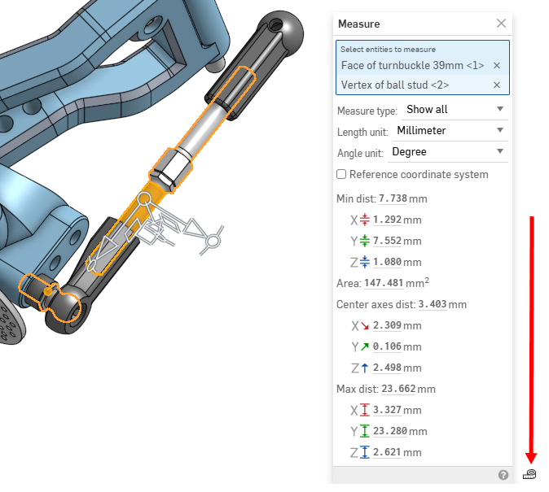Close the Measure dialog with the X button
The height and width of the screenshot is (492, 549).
[501, 24]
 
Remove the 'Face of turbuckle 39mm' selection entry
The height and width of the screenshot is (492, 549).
[497, 65]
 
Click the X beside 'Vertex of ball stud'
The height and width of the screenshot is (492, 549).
[497, 85]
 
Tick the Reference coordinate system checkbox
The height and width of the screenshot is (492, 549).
[342, 175]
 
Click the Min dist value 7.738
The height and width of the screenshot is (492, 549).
[393, 198]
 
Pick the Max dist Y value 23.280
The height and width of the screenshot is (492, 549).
[391, 431]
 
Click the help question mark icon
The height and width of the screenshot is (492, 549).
[503, 475]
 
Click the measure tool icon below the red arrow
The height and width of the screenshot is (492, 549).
[530, 474]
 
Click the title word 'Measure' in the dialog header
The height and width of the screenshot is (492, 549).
[359, 24]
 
